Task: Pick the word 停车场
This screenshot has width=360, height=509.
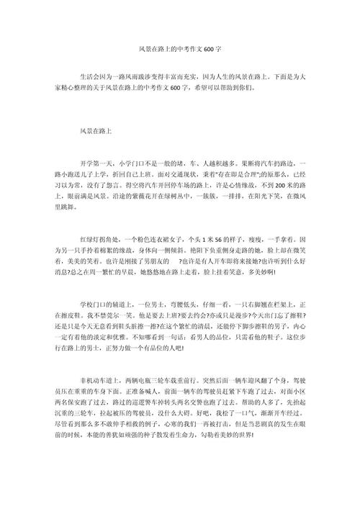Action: tap(172, 185)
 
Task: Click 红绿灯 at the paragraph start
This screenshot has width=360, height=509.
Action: tap(91, 239)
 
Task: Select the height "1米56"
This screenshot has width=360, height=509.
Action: tap(222, 239)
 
